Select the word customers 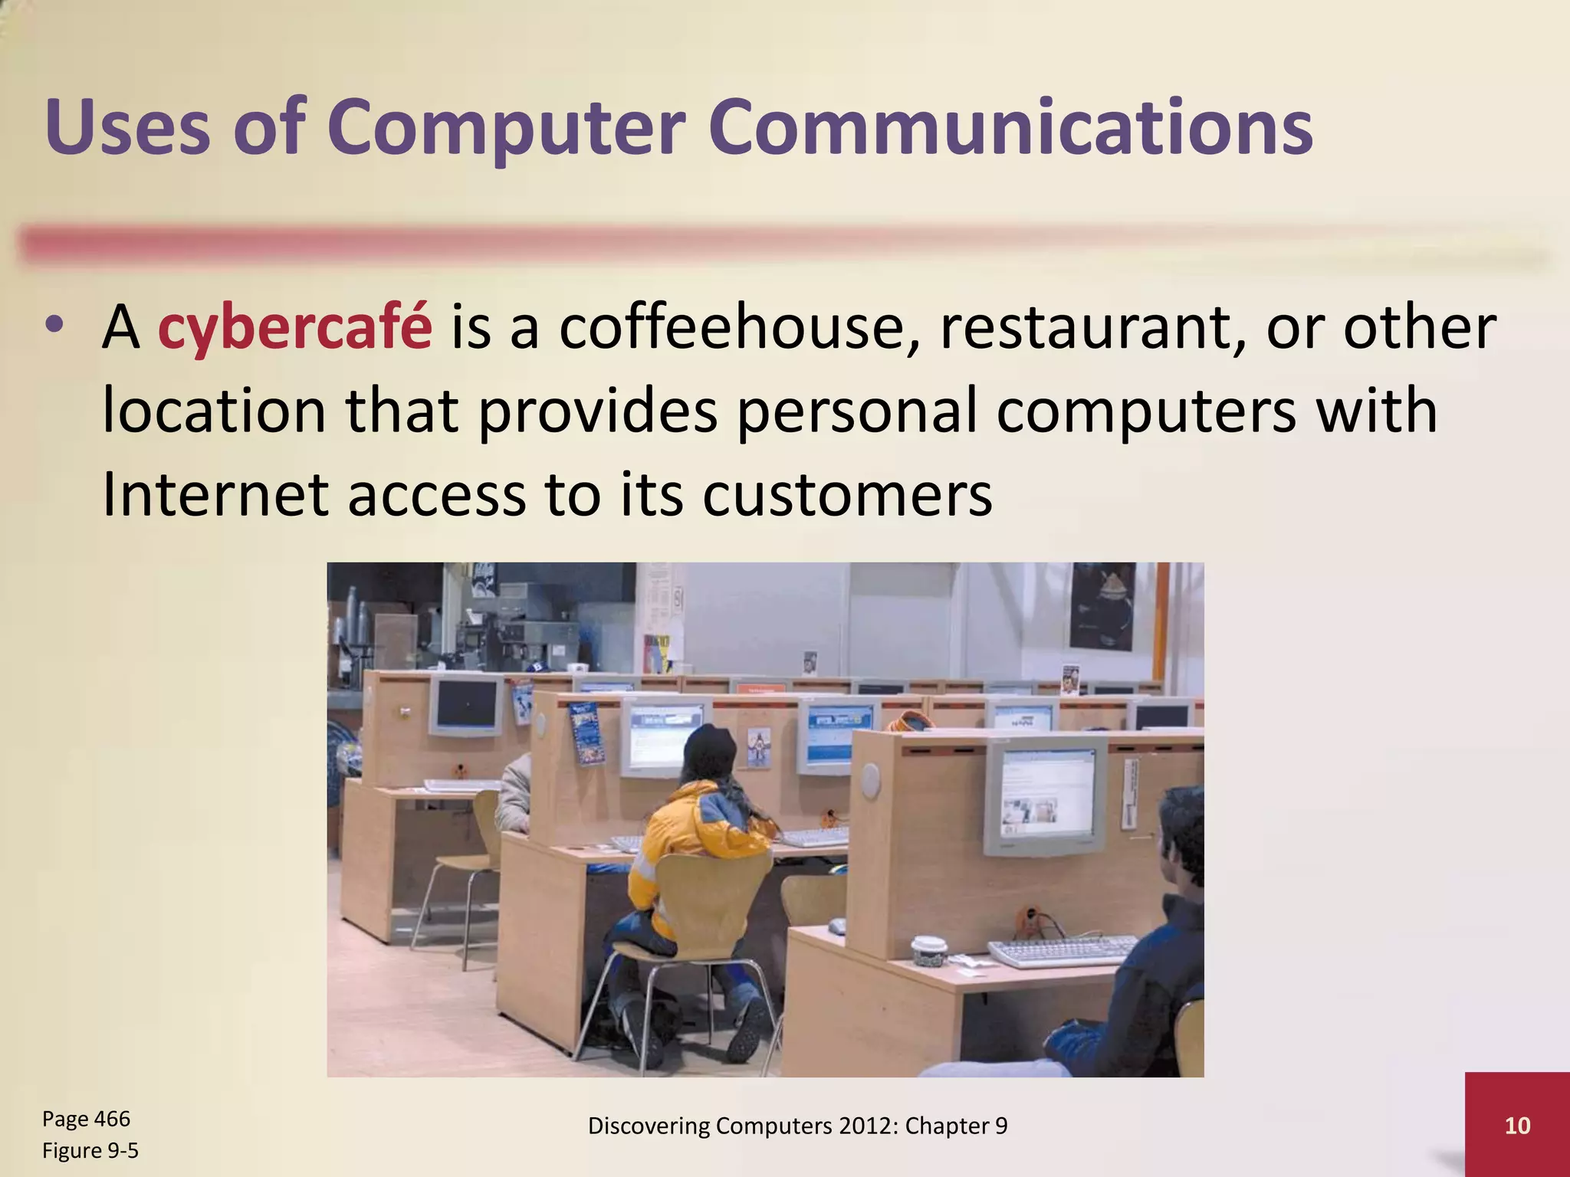coord(847,495)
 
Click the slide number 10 coord(1517,1126)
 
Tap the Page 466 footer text coord(86,1119)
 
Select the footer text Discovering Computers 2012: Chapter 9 coord(797,1126)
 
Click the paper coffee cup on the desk coord(929,950)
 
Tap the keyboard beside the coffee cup coord(1062,950)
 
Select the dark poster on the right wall coord(1102,605)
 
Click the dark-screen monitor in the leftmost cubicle coord(466,703)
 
